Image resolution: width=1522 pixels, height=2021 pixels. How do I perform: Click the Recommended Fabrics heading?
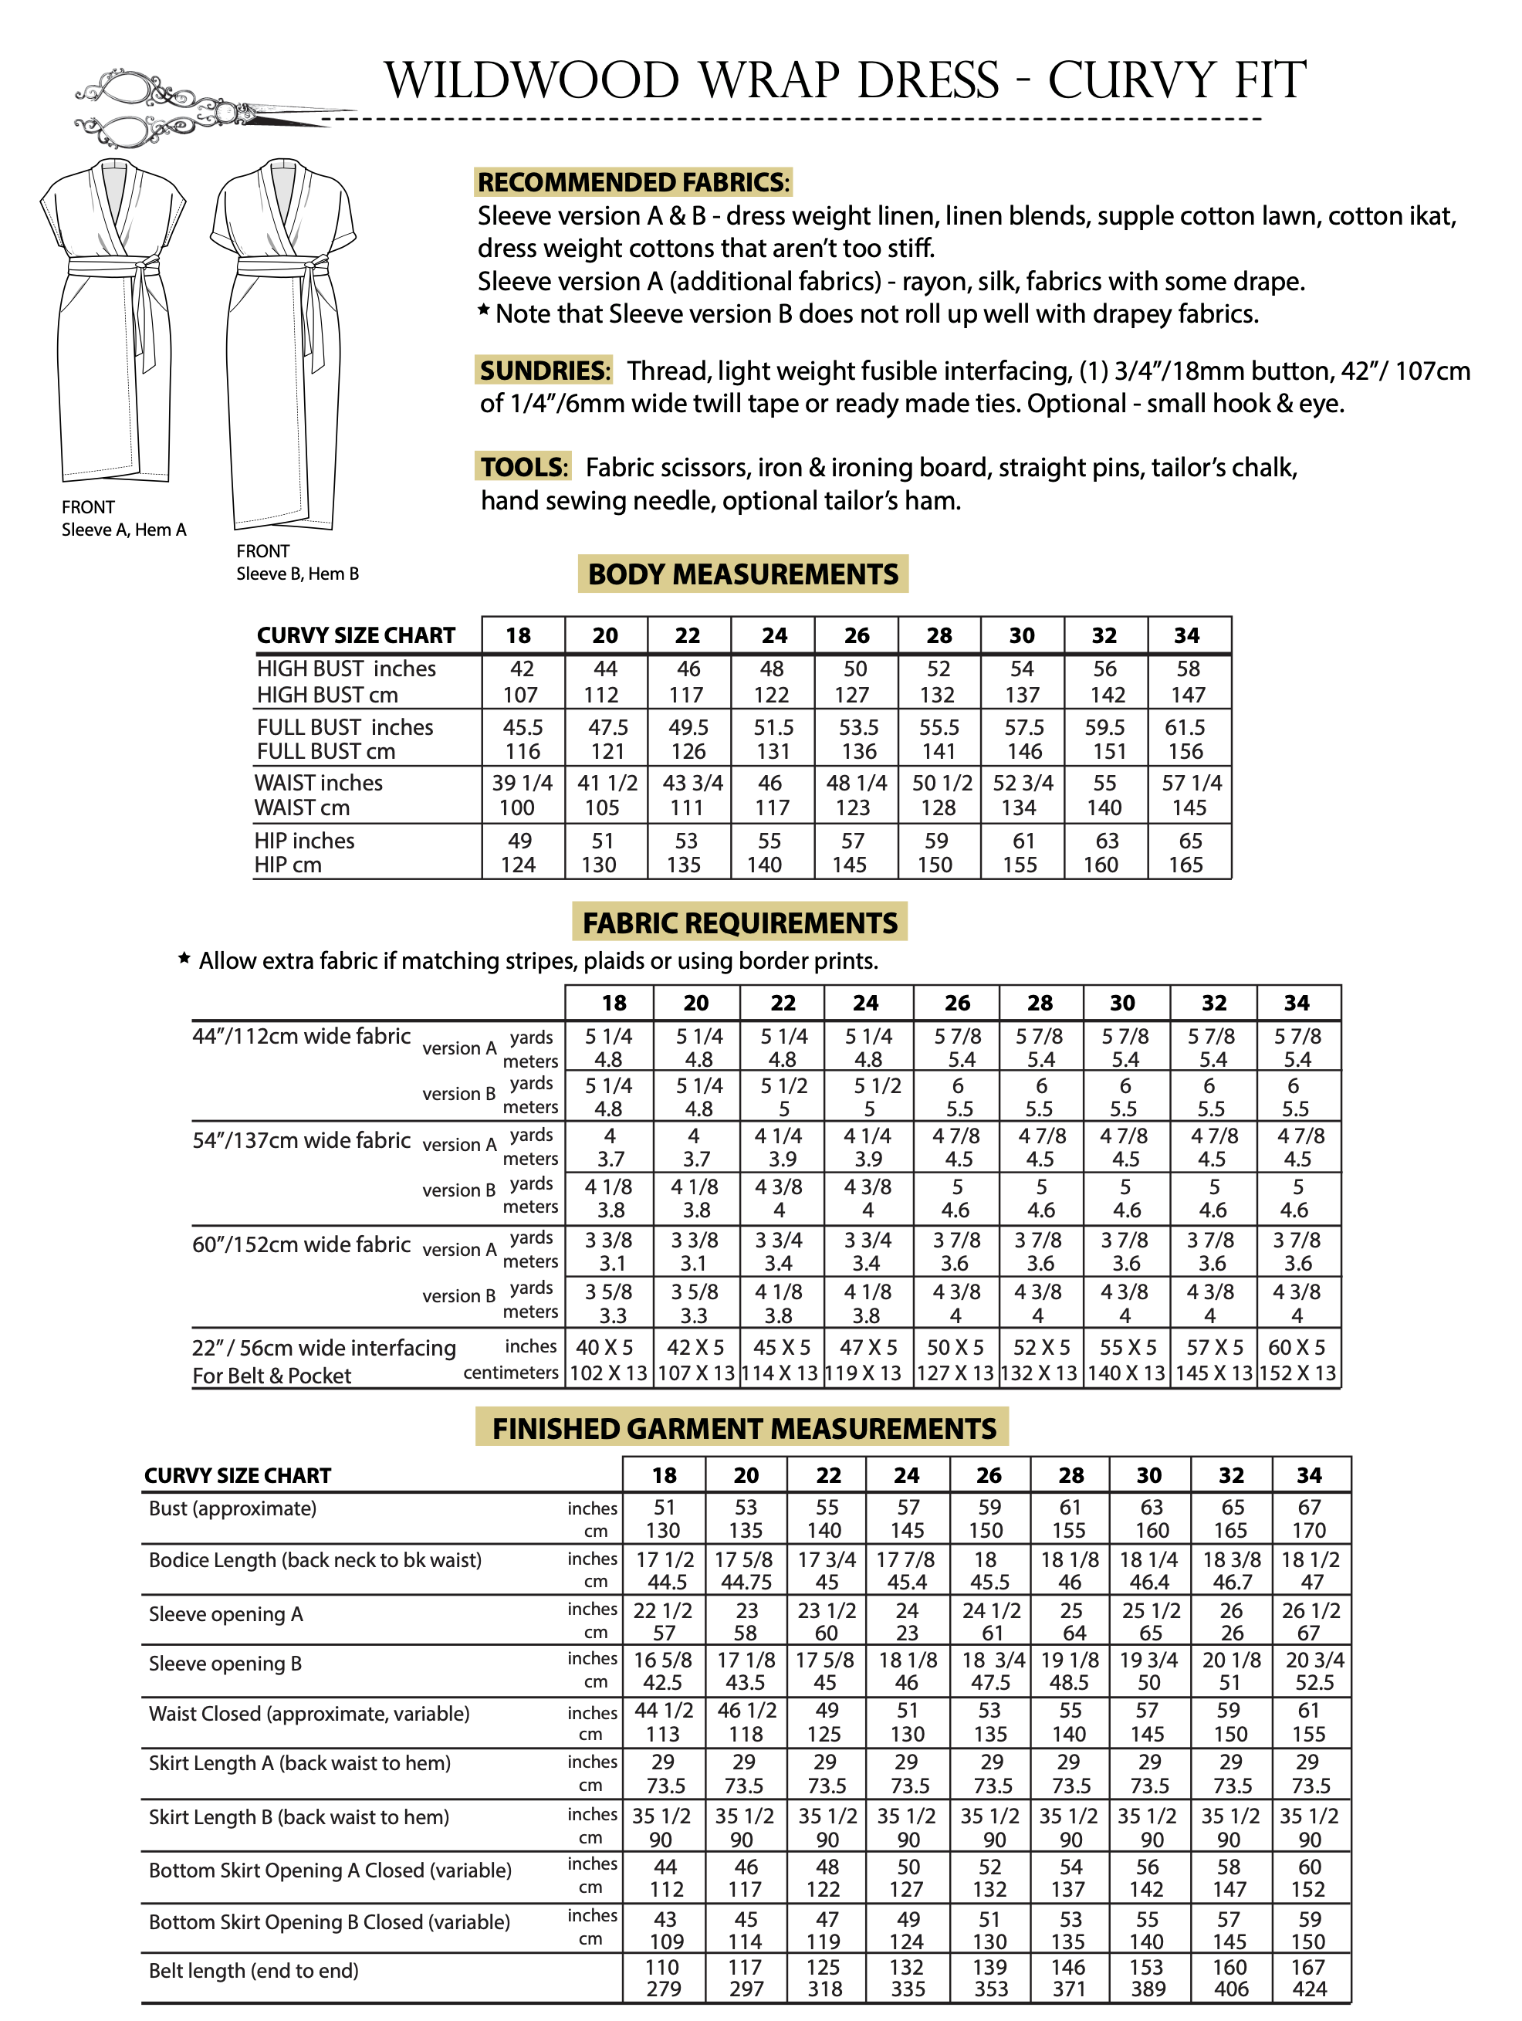(x=632, y=182)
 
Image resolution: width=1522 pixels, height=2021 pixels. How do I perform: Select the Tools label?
(x=523, y=467)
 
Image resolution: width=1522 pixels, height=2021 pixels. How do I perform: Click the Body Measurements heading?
(x=742, y=574)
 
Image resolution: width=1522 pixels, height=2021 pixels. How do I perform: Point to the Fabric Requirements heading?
(x=740, y=922)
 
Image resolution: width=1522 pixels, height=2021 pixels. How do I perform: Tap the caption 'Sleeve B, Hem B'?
(x=297, y=574)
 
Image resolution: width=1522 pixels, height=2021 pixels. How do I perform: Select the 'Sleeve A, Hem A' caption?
(x=123, y=530)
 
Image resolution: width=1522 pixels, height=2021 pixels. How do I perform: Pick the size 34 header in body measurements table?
(x=1187, y=636)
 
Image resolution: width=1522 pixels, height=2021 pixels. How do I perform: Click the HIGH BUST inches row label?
(x=347, y=669)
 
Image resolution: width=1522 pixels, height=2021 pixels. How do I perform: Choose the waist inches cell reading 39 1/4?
(x=522, y=783)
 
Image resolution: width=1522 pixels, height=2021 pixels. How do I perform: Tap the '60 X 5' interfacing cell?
(x=1297, y=1348)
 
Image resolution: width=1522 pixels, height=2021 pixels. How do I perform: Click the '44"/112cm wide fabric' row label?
(x=302, y=1036)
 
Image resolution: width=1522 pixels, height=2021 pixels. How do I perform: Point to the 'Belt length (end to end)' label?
(x=253, y=1971)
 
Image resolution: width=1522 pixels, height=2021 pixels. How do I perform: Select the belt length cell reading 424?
(x=1308, y=1989)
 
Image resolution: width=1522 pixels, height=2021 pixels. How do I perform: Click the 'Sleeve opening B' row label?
(x=225, y=1664)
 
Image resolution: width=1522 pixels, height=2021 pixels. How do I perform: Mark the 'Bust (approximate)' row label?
(x=232, y=1508)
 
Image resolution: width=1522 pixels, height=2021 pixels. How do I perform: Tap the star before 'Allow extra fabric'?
(x=184, y=959)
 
